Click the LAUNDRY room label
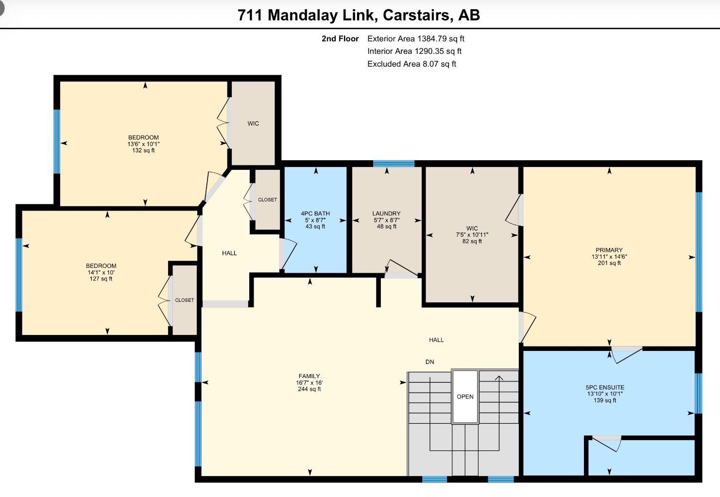click(386, 214)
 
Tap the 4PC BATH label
click(315, 214)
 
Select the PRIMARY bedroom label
click(609, 250)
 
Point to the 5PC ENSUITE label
click(605, 387)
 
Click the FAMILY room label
click(309, 376)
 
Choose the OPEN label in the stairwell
click(465, 397)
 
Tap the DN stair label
click(430, 362)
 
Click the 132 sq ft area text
click(143, 150)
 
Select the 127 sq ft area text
click(101, 279)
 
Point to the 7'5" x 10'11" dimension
click(472, 235)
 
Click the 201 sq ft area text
click(609, 263)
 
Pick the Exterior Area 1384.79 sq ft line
click(416, 38)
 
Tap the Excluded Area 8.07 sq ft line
click(412, 64)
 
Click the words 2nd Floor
click(340, 38)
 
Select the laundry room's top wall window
click(394, 164)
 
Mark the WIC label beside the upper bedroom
click(253, 124)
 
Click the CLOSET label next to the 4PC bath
click(267, 199)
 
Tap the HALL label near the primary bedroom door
click(436, 340)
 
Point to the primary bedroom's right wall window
click(699, 252)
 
